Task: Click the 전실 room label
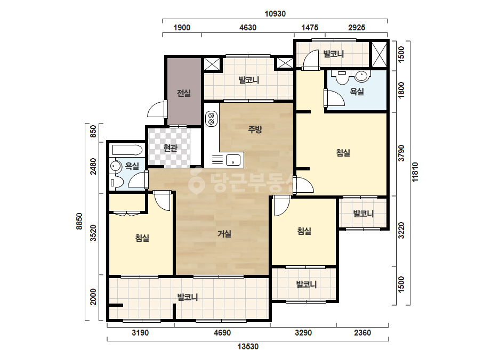pyautogui.click(x=184, y=93)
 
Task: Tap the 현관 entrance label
pyautogui.click(x=171, y=148)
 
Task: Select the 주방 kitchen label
pyautogui.click(x=255, y=129)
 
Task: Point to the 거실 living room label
pyautogui.click(x=224, y=234)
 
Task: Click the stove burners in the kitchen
pyautogui.click(x=211, y=119)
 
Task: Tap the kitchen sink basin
pyautogui.click(x=233, y=160)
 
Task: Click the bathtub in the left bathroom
pyautogui.click(x=127, y=150)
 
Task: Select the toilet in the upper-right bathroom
pyautogui.click(x=342, y=77)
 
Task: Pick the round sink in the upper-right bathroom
pyautogui.click(x=361, y=76)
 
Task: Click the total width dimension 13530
pyautogui.click(x=248, y=347)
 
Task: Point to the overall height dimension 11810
pyautogui.click(x=415, y=172)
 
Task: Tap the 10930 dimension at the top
pyautogui.click(x=275, y=14)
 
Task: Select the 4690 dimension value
pyautogui.click(x=222, y=333)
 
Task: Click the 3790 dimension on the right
pyautogui.click(x=401, y=153)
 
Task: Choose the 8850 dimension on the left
pyautogui.click(x=79, y=221)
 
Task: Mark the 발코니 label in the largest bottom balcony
pyautogui.click(x=188, y=297)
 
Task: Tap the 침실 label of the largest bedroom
pyautogui.click(x=343, y=153)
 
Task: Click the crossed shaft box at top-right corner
pyautogui.click(x=379, y=54)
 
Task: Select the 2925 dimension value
pyautogui.click(x=357, y=28)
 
